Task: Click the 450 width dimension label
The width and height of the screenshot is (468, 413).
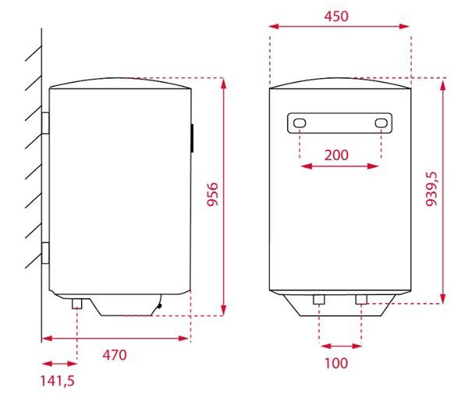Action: pos(336,16)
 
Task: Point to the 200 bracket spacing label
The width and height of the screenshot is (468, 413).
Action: pos(336,154)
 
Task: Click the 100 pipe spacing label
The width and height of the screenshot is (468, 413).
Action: pos(336,363)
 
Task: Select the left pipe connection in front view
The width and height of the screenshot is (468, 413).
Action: pos(319,300)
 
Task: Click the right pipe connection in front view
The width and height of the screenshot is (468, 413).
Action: pos(361,300)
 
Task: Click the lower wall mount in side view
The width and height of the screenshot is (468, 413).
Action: pos(46,255)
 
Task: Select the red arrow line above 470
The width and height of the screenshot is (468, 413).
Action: pos(115,339)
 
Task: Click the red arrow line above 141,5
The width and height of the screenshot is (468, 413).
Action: pos(59,364)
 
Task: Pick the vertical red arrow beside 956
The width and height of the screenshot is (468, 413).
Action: pos(224,195)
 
